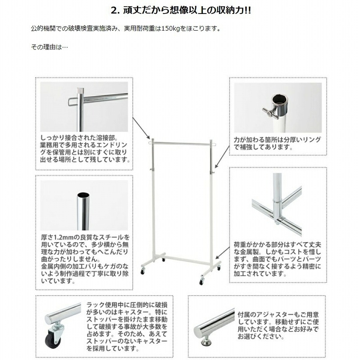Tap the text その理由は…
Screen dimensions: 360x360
[49, 47]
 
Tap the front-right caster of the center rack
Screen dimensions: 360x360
[201, 282]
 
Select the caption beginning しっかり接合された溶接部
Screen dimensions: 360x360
[85, 148]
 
